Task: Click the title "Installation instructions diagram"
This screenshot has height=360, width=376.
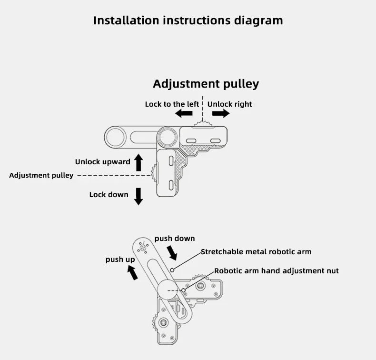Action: [x=188, y=20]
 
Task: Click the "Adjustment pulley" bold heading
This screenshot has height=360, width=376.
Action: [x=206, y=84]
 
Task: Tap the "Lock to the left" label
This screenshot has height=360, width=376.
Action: [x=172, y=104]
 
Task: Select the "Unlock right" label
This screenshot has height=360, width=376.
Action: [x=229, y=104]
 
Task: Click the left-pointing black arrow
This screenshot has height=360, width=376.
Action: [x=183, y=113]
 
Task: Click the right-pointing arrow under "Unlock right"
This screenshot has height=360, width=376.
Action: [x=221, y=113]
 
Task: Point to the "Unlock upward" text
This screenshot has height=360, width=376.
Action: [x=102, y=161]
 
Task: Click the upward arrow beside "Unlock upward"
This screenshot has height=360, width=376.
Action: [x=139, y=162]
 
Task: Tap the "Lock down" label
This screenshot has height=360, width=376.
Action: [x=109, y=194]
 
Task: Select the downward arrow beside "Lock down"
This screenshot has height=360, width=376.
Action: [x=139, y=196]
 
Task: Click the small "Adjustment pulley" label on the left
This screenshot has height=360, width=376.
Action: [x=41, y=175]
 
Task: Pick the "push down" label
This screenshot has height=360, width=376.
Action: [x=175, y=238]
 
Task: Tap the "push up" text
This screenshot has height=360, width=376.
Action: [x=120, y=259]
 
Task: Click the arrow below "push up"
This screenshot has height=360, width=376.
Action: [x=133, y=272]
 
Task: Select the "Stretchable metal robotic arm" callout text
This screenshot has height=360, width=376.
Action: [x=256, y=251]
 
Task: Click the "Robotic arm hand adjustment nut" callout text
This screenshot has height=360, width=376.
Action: [x=276, y=270]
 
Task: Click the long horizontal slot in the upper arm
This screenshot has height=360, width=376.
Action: [x=141, y=138]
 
